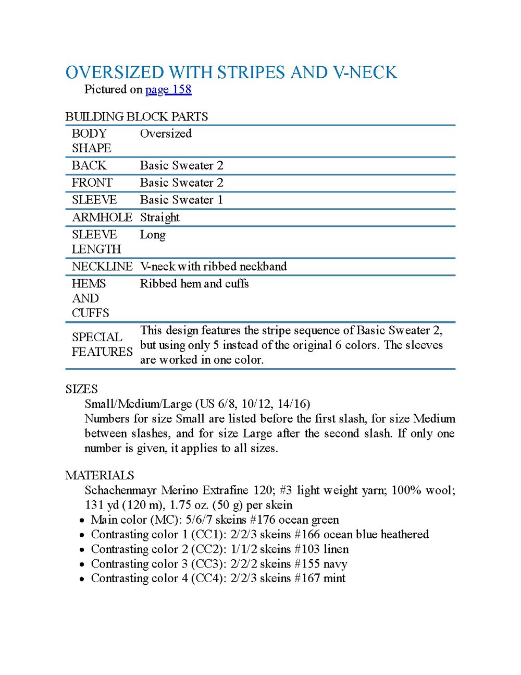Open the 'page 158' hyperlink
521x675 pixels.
coord(168,90)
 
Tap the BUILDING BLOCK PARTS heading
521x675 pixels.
coord(137,116)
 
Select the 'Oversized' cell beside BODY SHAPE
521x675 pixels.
coord(166,134)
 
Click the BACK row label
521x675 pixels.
coord(89,165)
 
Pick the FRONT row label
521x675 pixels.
coord(92,183)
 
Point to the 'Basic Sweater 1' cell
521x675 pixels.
coord(181,200)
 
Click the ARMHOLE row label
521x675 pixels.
coord(102,218)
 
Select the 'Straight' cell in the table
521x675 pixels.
coord(159,218)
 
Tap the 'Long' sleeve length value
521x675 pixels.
coord(153,235)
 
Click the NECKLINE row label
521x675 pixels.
coord(102,267)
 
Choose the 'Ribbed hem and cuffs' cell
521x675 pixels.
coord(194,284)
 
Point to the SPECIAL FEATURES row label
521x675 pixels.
coord(102,344)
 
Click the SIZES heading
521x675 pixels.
coord(81,389)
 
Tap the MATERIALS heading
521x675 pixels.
coord(100,476)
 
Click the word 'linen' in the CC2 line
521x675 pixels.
coord(336,549)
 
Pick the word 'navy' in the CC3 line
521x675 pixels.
coord(334,564)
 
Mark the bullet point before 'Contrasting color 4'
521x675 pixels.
coord(82,579)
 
